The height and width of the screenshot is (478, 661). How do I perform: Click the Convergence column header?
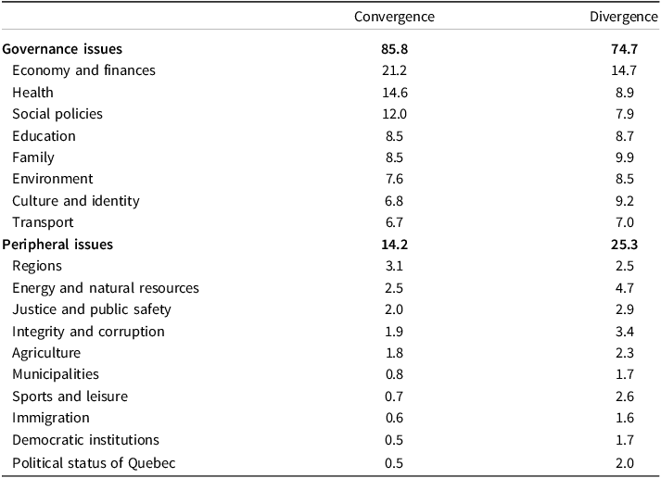tap(394, 17)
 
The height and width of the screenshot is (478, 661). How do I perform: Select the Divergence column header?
tap(624, 17)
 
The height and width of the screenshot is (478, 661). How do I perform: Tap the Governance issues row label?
tap(62, 49)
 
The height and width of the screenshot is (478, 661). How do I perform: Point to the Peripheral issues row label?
tap(57, 245)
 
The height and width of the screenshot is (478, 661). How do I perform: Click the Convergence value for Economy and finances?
tap(394, 70)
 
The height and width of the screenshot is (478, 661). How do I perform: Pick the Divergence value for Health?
tap(624, 93)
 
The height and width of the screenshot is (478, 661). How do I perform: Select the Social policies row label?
tap(57, 114)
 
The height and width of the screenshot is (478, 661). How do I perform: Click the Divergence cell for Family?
tap(624, 157)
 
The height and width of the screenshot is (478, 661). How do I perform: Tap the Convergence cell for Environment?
tap(394, 179)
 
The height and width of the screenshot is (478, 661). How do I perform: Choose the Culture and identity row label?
tap(76, 201)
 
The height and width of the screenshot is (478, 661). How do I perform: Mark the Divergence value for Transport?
tap(624, 222)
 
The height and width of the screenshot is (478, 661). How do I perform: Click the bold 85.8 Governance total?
tap(395, 49)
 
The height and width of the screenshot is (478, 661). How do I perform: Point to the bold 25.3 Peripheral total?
tap(624, 245)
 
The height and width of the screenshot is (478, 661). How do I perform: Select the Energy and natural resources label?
tap(106, 288)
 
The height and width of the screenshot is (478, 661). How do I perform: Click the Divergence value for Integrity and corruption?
tap(624, 332)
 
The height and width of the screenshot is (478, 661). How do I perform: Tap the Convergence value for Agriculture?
tap(394, 353)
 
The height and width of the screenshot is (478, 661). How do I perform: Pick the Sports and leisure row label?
tap(70, 396)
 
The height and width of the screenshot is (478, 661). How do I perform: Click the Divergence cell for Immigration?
tap(624, 418)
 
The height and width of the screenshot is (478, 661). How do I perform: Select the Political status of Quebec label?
tap(94, 463)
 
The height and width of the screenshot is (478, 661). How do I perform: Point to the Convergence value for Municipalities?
tap(394, 374)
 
